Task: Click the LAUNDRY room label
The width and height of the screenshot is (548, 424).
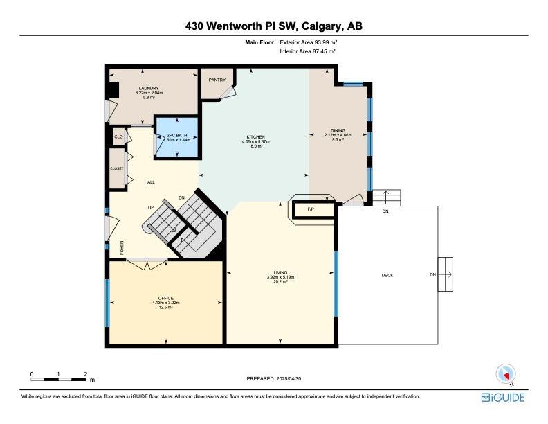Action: (149, 88)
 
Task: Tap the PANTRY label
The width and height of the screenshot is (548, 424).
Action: (217, 80)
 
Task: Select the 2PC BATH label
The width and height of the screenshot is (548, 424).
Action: (177, 135)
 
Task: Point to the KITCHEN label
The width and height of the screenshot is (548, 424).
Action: (256, 136)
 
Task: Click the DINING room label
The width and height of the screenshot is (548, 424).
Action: (338, 130)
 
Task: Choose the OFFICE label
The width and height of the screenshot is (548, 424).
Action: (165, 298)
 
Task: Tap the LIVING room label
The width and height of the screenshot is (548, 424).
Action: (280, 272)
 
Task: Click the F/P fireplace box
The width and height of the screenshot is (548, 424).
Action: (313, 209)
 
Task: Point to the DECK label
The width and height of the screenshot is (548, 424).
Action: (387, 275)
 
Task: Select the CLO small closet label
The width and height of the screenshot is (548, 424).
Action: (118, 136)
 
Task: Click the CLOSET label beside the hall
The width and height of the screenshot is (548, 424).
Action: (117, 168)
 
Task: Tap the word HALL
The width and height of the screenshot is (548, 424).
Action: (149, 182)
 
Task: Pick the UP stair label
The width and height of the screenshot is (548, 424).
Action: (151, 207)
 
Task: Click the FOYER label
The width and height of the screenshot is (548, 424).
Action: (122, 248)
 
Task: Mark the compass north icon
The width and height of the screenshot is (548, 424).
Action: (506, 374)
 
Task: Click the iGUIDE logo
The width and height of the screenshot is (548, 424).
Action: (503, 398)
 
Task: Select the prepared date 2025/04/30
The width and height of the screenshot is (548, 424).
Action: (289, 378)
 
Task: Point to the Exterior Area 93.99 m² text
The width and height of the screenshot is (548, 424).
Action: (309, 42)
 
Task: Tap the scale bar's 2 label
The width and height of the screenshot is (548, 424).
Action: (86, 374)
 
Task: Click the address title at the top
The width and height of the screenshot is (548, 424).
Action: (273, 26)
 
